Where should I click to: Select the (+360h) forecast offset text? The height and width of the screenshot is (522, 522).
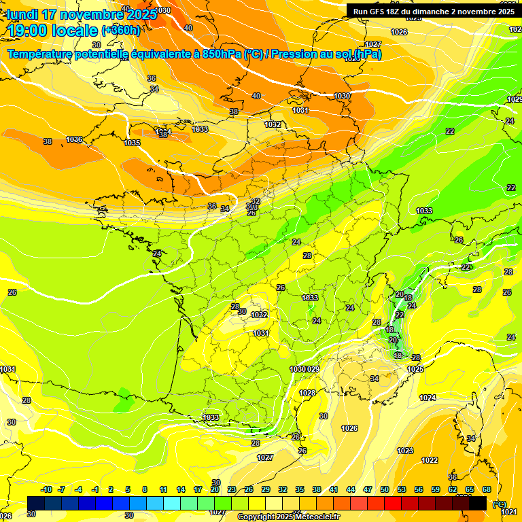(120, 30)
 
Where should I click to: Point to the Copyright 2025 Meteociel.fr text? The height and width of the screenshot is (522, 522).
(288, 517)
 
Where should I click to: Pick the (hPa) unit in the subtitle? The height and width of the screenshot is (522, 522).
(366, 54)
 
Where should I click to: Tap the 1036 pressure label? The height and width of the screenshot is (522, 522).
(74, 139)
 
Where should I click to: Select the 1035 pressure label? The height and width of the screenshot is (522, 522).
(132, 143)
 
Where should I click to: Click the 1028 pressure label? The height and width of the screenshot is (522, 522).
(307, 393)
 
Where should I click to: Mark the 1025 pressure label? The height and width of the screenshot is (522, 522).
(415, 369)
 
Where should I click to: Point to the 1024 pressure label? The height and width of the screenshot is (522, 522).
(428, 398)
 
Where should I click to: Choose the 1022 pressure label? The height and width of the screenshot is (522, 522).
(430, 460)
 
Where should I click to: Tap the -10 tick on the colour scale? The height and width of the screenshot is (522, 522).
(46, 489)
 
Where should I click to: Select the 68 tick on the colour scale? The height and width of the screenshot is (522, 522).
(487, 489)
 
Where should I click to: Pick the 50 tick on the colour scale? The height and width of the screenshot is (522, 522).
(385, 489)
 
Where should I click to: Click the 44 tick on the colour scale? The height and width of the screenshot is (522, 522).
(351, 489)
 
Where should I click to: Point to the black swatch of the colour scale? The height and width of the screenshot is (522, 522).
(478, 503)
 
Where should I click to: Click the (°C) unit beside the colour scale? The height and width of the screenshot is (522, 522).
(500, 504)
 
